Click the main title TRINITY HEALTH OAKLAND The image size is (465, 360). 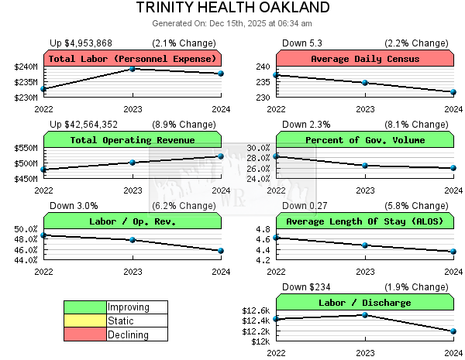pos(232,8)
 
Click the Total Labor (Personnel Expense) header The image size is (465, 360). pos(133,59)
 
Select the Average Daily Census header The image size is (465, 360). pos(365,59)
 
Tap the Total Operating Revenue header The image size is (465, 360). pos(133,140)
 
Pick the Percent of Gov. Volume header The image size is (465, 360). pos(365,140)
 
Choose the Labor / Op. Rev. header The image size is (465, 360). pos(133,221)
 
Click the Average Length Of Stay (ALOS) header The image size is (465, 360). pos(365,221)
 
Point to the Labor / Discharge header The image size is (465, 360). pos(365,303)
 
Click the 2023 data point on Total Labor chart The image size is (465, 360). pos(133,69)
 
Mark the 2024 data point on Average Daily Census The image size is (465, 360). pos(453,92)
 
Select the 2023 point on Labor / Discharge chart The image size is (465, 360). pos(365,314)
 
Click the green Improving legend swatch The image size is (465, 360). pos(84,307)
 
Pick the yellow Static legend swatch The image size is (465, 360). pos(84,321)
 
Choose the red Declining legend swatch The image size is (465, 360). pos(84,334)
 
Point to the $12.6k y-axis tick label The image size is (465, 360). pos(257,310)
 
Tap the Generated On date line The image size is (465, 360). pos(232,22)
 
